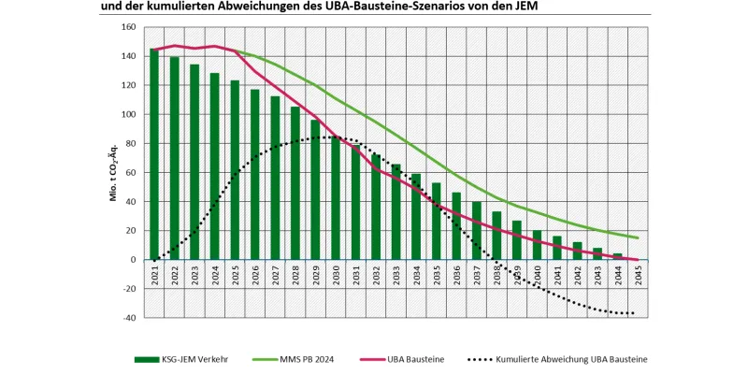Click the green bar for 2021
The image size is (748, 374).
point(154,154)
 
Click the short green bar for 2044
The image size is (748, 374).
point(617,256)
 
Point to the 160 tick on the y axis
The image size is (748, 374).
point(128,26)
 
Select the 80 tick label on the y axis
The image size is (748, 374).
point(130,143)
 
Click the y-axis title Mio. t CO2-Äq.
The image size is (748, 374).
point(111,172)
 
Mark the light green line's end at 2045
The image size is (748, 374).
point(638,237)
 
